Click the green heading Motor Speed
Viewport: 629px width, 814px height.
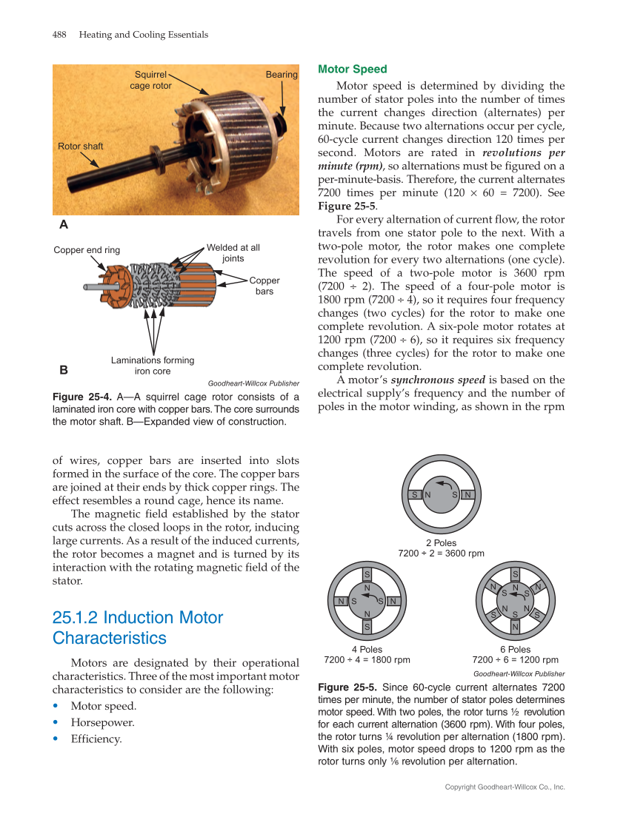pos(352,70)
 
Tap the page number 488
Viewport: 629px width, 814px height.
pos(60,35)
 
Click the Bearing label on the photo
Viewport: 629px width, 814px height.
pos(282,75)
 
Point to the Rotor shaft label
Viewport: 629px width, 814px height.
pos(81,147)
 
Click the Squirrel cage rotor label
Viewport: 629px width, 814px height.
pos(150,80)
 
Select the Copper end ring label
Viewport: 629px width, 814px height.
pos(87,250)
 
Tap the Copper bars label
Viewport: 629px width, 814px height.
pos(264,286)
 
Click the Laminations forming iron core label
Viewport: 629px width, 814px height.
pos(153,366)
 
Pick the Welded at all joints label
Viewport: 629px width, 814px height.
pos(233,253)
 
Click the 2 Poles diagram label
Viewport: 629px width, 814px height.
pos(441,543)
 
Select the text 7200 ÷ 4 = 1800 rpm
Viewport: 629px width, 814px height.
pos(367,660)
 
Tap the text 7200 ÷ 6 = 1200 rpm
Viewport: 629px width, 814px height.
pos(515,660)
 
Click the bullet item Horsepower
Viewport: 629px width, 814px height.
pos(102,722)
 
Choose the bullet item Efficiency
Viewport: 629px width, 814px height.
pos(96,739)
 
